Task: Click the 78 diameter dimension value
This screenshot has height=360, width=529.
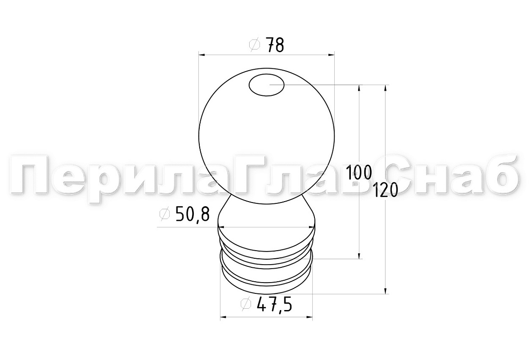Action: (275, 45)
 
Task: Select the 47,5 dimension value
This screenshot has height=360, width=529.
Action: (274, 305)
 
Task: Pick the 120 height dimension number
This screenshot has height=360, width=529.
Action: (386, 190)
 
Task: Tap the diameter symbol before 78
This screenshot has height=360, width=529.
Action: (255, 45)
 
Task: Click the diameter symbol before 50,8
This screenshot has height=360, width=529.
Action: (165, 214)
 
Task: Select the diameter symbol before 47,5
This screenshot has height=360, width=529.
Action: (247, 304)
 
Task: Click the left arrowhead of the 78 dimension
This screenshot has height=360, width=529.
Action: (202, 54)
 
